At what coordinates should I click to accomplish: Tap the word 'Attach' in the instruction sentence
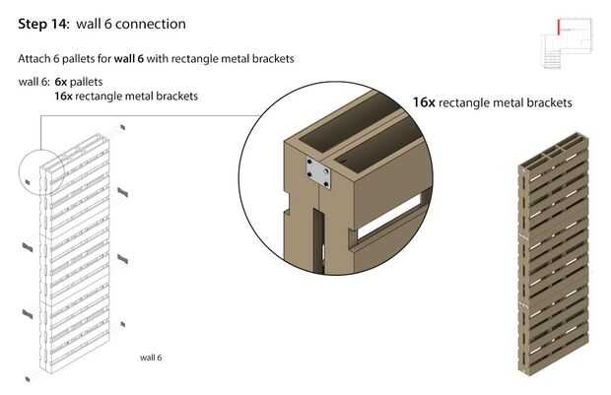click(34, 59)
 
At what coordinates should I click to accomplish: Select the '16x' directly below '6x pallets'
click(65, 97)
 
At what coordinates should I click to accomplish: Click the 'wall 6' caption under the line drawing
click(151, 358)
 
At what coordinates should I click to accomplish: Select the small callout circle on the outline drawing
click(40, 170)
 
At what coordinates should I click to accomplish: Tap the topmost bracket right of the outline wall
click(122, 127)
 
